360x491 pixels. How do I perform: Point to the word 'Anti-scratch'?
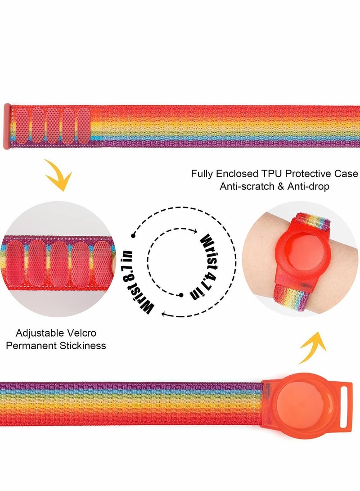click(x=246, y=186)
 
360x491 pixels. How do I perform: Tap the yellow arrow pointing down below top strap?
click(x=60, y=176)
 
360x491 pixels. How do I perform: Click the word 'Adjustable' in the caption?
click(x=38, y=333)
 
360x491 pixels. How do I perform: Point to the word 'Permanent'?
click(x=38, y=346)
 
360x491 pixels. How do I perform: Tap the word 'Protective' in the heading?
click(x=309, y=174)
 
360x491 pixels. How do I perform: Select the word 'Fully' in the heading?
click(x=202, y=174)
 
